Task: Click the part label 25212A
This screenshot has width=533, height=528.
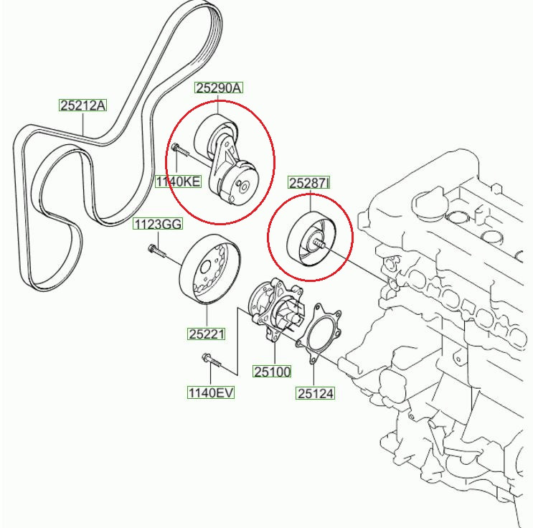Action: tap(83, 105)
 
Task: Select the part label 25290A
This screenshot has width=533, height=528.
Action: tap(219, 88)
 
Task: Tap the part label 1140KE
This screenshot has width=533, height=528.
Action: tap(178, 181)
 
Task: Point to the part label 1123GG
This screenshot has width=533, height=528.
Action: tap(158, 224)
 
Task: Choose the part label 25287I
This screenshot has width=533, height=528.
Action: tap(309, 183)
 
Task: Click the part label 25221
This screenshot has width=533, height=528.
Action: tap(207, 334)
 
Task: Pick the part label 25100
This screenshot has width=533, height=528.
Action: tap(273, 372)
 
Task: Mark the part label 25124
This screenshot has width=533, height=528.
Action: tap(315, 393)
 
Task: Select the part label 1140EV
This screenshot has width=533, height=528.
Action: tap(211, 392)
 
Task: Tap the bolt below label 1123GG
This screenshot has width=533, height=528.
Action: tap(156, 250)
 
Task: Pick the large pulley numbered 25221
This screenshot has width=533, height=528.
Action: tap(209, 268)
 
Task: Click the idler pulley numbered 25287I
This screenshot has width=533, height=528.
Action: tap(311, 239)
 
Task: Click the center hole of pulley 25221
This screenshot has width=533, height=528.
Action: tap(205, 268)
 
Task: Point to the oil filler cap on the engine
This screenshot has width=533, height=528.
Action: tap(429, 203)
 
